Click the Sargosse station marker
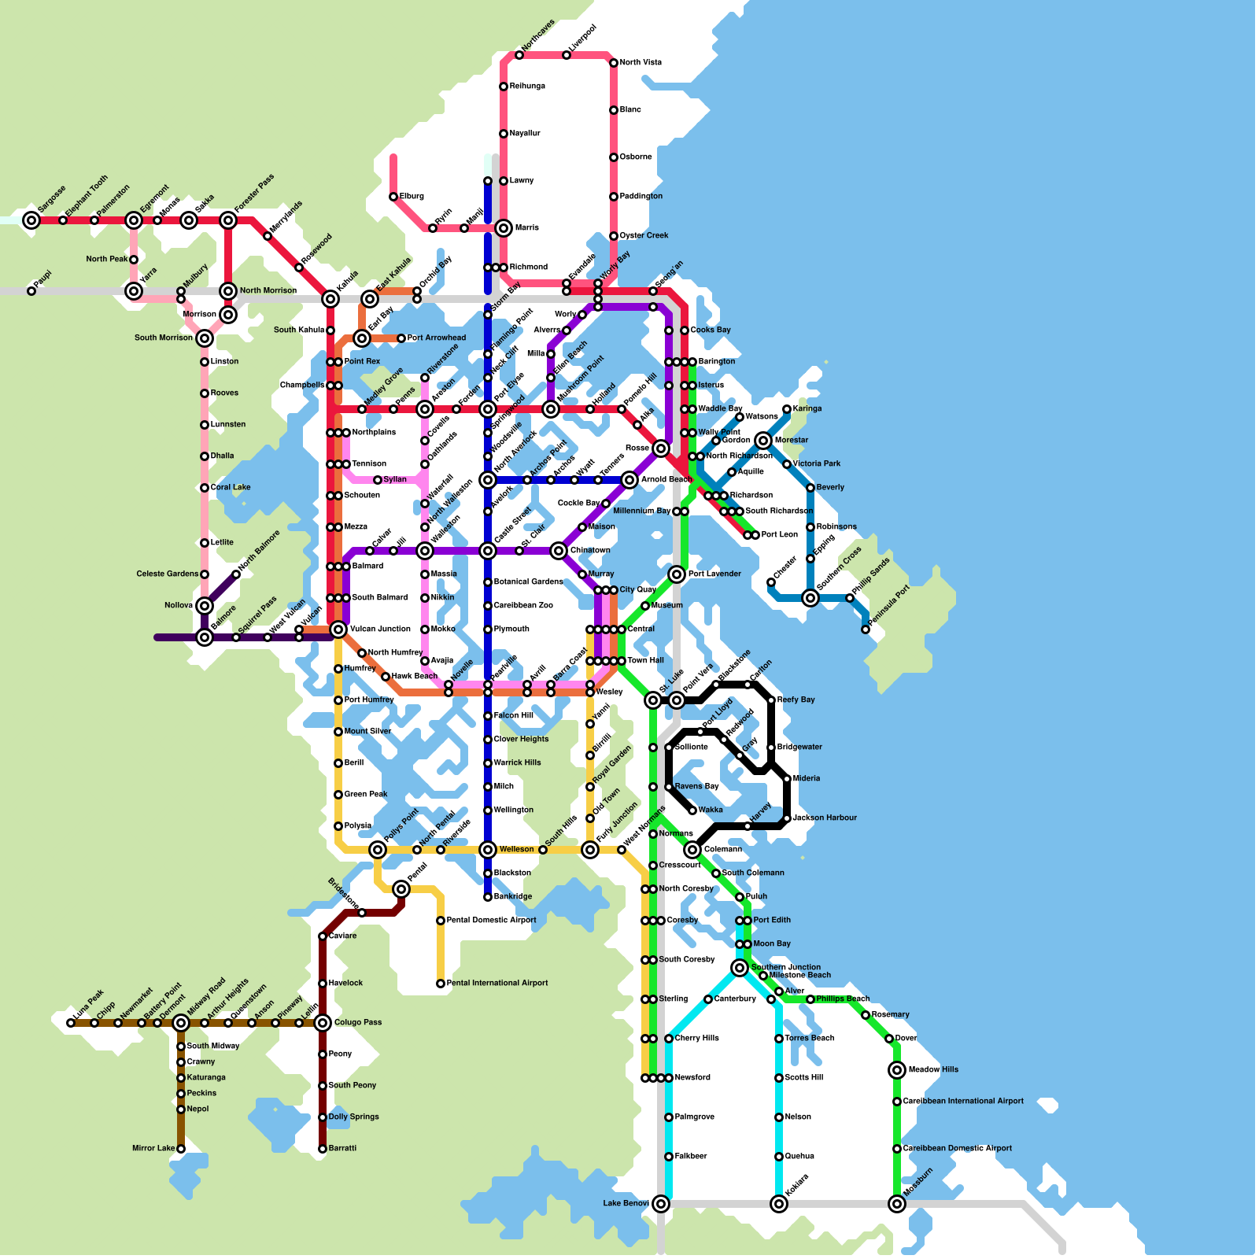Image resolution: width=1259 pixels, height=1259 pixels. pyautogui.click(x=31, y=220)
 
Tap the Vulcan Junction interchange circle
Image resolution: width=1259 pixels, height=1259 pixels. pyautogui.click(x=338, y=629)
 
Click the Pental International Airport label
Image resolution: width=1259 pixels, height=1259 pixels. pyautogui.click(x=497, y=984)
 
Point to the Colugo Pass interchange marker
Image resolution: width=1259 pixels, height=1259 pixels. pyautogui.click(x=323, y=1023)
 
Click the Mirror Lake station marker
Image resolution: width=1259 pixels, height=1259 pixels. pyautogui.click(x=181, y=1149)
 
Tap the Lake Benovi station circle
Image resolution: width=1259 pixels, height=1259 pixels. pyautogui.click(x=661, y=1204)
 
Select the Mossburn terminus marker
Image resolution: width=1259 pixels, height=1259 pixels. pyautogui.click(x=897, y=1204)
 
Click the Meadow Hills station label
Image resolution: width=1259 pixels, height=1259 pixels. pyautogui.click(x=933, y=1070)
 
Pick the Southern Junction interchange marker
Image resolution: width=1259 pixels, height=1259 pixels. pyautogui.click(x=740, y=968)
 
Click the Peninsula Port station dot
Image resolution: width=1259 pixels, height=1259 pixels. pyautogui.click(x=866, y=629)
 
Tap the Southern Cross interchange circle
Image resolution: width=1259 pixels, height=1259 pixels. pyautogui.click(x=810, y=598)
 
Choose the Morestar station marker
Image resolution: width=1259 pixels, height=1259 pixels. pyautogui.click(x=763, y=441)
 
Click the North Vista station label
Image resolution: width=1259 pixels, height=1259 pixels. pyautogui.click(x=641, y=63)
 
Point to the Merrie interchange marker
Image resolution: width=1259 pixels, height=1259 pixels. pyautogui.click(x=504, y=228)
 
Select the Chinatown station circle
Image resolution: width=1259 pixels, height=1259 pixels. pyautogui.click(x=559, y=551)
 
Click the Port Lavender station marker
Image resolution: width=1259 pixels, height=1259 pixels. pyautogui.click(x=677, y=574)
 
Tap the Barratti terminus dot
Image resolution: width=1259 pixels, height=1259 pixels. pyautogui.click(x=323, y=1149)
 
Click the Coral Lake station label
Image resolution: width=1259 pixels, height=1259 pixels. pyautogui.click(x=230, y=488)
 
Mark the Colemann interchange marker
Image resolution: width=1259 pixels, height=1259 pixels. pyautogui.click(x=692, y=850)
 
